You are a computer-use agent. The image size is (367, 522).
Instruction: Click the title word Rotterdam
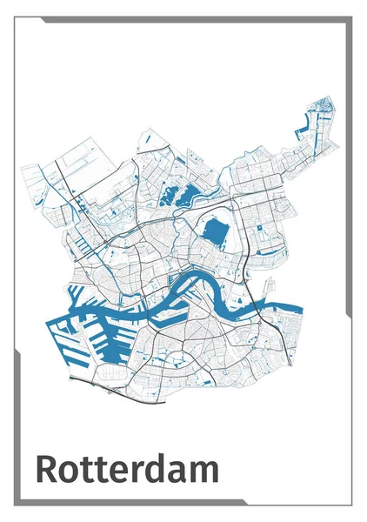tap(127, 469)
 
